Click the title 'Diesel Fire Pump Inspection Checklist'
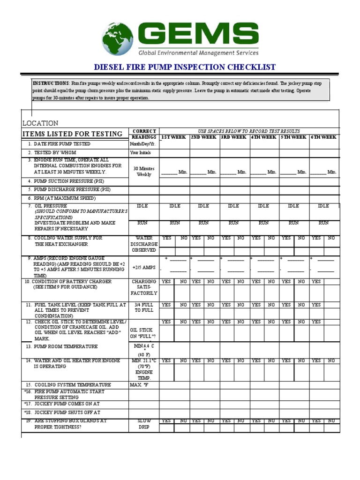click(x=185, y=67)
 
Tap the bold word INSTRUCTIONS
click(x=51, y=83)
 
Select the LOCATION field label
click(x=41, y=123)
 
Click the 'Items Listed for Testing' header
click(x=73, y=134)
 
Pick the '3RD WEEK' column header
click(x=233, y=137)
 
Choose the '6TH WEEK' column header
click(x=323, y=137)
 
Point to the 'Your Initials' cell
click(x=142, y=153)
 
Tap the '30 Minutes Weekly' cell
click(x=144, y=171)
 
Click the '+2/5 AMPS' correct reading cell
click(x=144, y=267)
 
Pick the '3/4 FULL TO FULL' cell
click(x=144, y=307)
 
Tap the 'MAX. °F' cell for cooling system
click(x=139, y=385)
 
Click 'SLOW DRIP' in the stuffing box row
click(x=144, y=424)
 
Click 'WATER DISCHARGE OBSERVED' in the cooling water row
click(x=144, y=244)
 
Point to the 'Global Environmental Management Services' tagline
click(x=198, y=53)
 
